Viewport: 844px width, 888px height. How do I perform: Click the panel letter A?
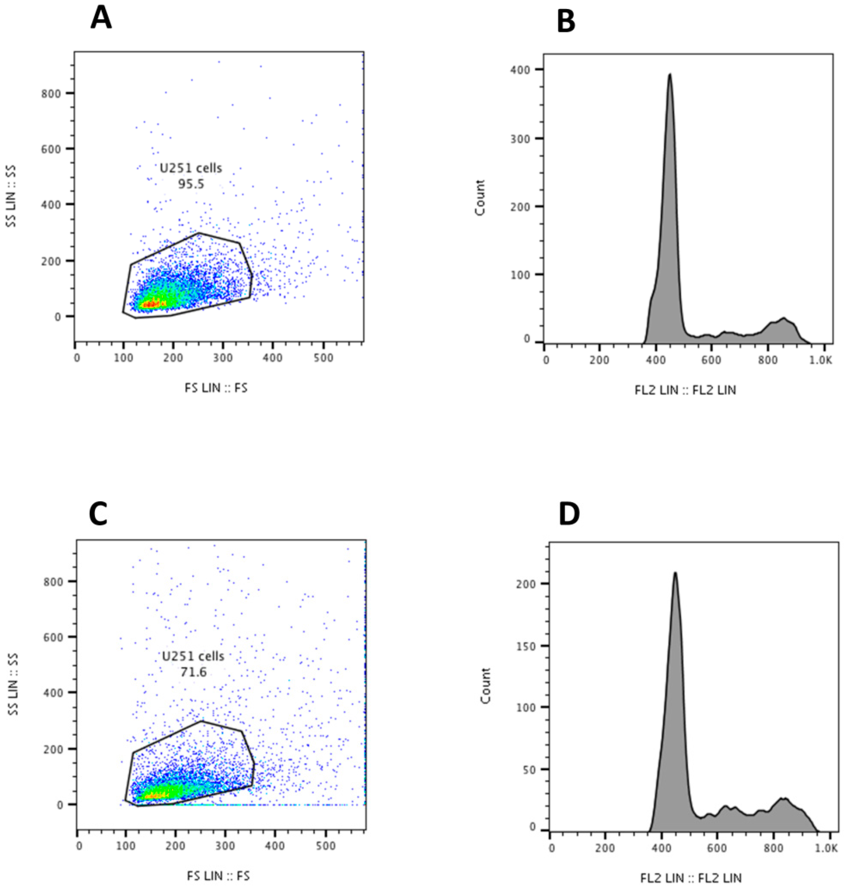coord(101,19)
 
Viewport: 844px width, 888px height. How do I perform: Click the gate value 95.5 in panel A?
coord(191,184)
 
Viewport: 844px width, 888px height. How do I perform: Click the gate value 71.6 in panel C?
coord(193,672)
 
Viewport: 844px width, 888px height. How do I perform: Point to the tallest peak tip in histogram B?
coord(669,75)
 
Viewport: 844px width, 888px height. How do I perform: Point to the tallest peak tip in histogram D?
coord(675,573)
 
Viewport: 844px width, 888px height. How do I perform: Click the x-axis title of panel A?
coord(216,388)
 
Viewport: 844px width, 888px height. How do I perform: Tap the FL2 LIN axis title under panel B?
coord(685,390)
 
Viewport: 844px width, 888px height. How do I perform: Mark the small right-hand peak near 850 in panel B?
coord(783,319)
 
